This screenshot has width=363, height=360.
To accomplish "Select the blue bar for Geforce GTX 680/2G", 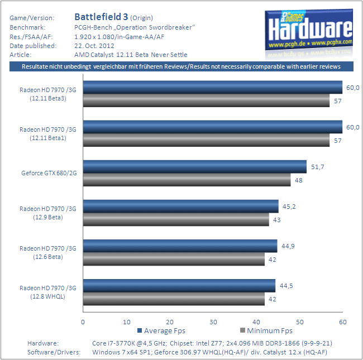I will [194, 166].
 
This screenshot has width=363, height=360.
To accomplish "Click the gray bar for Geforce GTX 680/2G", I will [187, 180].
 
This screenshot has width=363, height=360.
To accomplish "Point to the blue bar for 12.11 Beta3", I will [212, 87].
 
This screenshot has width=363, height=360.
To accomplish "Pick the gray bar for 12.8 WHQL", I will [174, 299].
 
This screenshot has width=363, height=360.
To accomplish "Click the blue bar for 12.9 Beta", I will [180, 206].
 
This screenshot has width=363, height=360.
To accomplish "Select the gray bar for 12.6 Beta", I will [174, 259].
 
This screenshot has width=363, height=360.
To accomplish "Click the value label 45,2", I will [289, 207].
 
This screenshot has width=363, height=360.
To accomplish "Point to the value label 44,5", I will [286, 285].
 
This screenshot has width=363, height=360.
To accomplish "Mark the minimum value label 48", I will [299, 180].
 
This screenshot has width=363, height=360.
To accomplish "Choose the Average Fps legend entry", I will [165, 330].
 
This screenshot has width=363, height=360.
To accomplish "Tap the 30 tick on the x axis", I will [213, 322].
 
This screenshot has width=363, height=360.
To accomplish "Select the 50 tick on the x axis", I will [299, 322].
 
